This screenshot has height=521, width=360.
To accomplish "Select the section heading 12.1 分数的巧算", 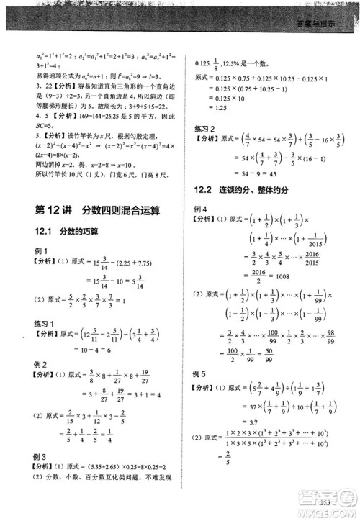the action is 68,232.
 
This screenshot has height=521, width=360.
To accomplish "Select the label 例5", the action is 202,374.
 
